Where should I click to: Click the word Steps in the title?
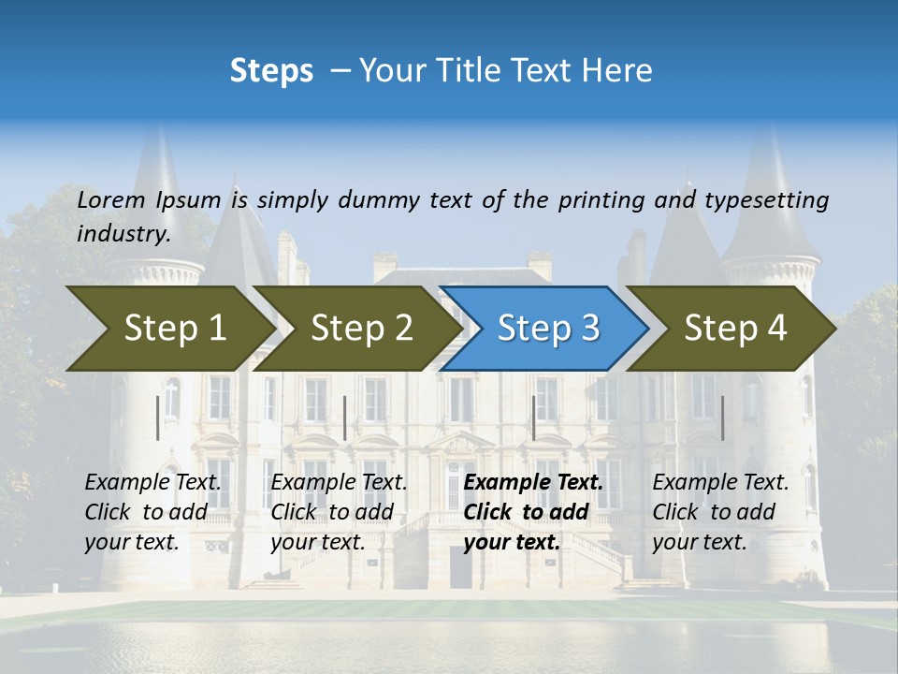coord(271,71)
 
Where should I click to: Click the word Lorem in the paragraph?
coord(110,200)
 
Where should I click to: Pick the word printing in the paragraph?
coord(601,200)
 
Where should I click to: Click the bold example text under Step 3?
coord(532,512)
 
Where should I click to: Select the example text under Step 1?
coord(152,512)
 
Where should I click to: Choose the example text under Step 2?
coord(339,512)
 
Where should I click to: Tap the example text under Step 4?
coord(720,512)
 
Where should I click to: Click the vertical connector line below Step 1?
coord(157,418)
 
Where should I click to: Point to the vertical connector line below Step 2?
coord(345,418)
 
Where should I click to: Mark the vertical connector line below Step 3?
coord(533,418)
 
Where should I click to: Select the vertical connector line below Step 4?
coord(722,418)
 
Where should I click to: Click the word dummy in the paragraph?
coord(379,200)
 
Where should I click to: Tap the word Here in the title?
coord(622,71)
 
